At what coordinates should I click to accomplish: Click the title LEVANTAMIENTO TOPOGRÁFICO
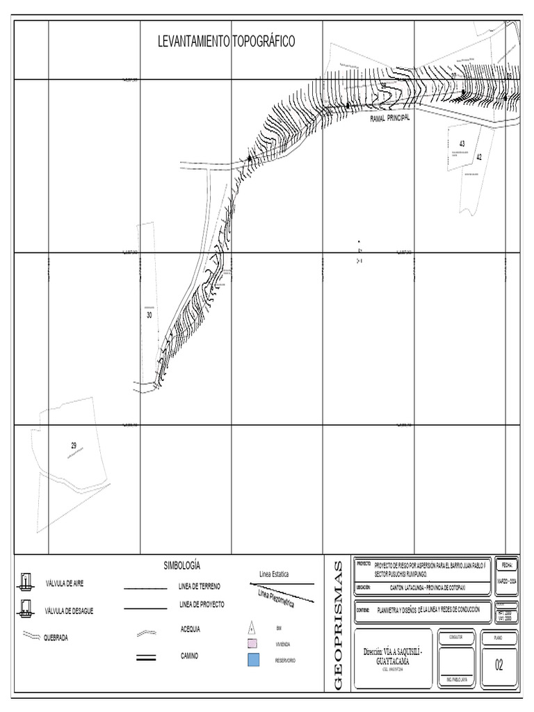point(227,42)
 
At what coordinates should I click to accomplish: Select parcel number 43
point(462,143)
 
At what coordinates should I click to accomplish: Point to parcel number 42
point(478,157)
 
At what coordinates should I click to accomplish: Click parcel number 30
point(149,315)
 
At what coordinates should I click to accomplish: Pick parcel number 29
point(73,444)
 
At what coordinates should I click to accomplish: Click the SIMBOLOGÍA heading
point(186,565)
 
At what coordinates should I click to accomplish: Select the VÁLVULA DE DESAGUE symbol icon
point(25,610)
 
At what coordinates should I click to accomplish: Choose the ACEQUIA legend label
point(190,629)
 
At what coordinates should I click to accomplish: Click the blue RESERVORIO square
point(254,660)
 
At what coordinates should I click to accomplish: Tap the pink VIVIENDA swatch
point(254,644)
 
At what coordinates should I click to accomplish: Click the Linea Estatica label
point(274,574)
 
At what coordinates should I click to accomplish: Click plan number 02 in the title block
point(499,665)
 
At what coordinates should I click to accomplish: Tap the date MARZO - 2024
point(506,581)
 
